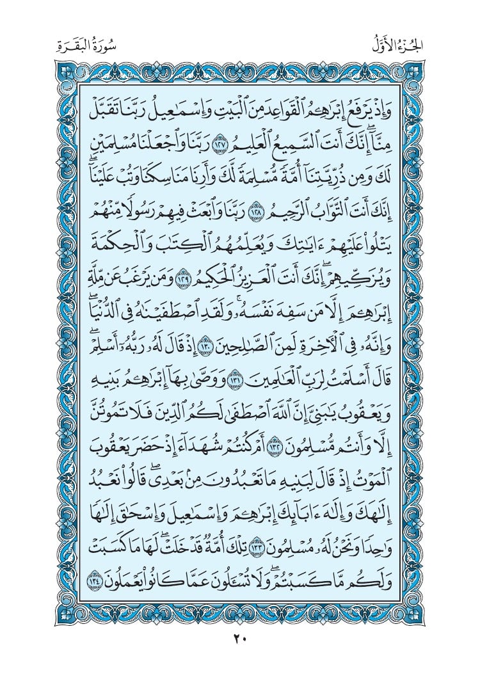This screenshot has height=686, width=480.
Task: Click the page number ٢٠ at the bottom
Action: click(x=240, y=638)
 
